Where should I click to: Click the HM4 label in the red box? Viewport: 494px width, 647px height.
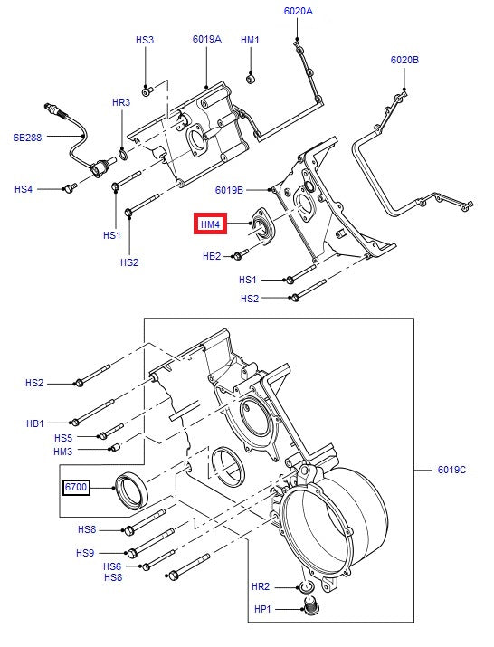point(211,224)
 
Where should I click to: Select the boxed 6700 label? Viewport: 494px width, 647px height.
point(76,488)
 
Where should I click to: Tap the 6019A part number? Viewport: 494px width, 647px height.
point(207,39)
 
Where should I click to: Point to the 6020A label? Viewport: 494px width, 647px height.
point(299,11)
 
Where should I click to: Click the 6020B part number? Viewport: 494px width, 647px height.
point(404,60)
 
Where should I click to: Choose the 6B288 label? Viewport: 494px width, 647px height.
point(28,138)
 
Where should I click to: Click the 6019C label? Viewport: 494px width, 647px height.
point(451,470)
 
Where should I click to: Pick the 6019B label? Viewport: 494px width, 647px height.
point(229,190)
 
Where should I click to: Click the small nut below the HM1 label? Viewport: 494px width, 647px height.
point(251,78)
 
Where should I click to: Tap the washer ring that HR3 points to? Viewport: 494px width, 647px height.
point(122,155)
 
